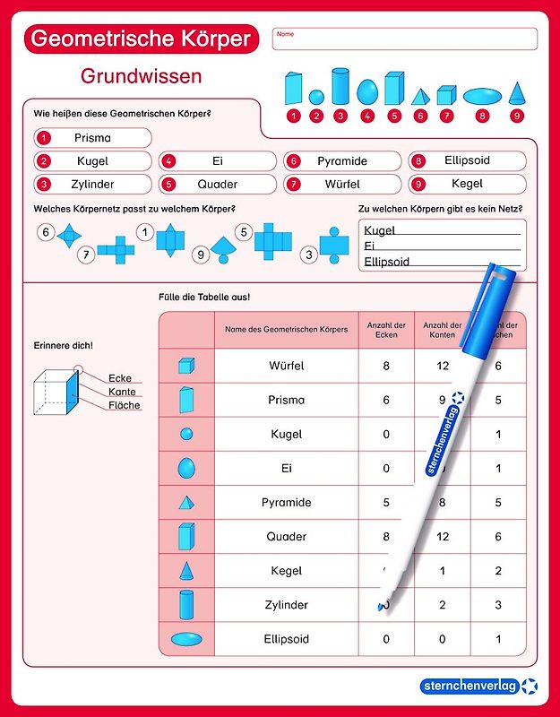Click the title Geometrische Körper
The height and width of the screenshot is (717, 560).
point(140,39)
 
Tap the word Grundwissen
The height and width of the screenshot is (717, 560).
point(141,76)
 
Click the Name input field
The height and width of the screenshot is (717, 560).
point(405,39)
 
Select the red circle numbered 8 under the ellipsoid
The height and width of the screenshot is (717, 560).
point(483,116)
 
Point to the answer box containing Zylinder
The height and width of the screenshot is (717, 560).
point(92,185)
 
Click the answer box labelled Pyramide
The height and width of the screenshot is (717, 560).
point(342,161)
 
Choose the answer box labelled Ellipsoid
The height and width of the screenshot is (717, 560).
point(467,161)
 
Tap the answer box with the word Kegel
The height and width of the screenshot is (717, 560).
point(467,184)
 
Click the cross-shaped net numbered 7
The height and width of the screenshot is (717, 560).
point(116,251)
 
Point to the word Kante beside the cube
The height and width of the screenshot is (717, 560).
point(122,392)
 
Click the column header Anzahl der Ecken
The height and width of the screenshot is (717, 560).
point(385,330)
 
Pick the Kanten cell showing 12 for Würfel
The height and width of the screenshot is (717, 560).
point(442,366)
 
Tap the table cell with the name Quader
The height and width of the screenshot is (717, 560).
point(287,537)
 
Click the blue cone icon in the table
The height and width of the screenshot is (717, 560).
point(186,571)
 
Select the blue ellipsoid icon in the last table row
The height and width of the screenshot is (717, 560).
point(186,639)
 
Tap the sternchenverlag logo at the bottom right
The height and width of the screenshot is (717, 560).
point(479,686)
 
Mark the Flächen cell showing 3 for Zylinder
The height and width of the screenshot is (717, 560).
point(498,605)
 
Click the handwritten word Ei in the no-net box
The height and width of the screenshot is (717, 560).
point(369,246)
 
